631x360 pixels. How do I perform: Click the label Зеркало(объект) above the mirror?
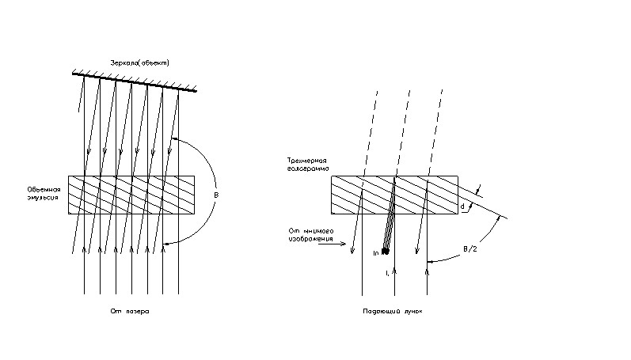[x=139, y=63]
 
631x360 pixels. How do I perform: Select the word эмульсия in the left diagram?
[x=42, y=201]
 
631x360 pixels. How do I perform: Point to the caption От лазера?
[x=130, y=312]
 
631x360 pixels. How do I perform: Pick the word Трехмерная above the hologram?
[x=308, y=161]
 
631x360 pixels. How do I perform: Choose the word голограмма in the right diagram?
[x=308, y=170]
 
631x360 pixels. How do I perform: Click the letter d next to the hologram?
[x=462, y=207]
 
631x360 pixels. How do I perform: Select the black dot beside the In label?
[x=386, y=252]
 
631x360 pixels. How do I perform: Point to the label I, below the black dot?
[x=386, y=273]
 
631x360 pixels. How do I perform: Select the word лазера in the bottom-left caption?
[x=137, y=312]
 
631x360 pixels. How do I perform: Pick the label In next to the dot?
[x=376, y=252]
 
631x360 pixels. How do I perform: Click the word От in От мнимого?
[x=294, y=230]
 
